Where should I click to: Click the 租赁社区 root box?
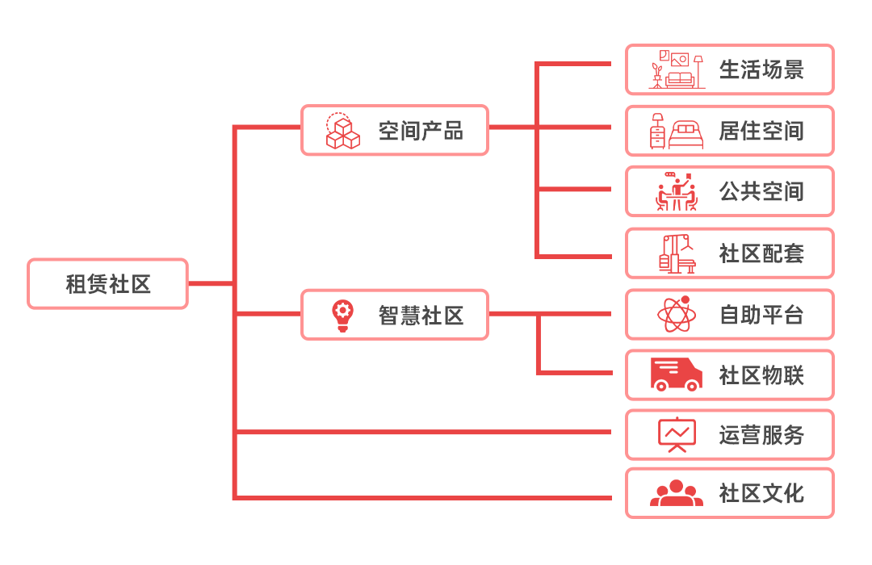point(107,284)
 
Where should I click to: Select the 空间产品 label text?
point(421,131)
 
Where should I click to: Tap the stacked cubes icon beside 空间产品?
point(342,131)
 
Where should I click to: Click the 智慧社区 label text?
point(421,316)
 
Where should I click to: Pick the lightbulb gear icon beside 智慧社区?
point(342,316)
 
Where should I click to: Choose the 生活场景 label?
point(761,70)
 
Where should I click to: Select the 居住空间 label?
point(761,131)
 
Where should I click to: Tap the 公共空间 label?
point(761,192)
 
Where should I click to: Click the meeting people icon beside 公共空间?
point(677,192)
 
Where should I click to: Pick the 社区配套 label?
point(761,253)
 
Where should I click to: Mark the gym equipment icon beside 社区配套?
point(677,253)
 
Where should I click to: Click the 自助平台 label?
point(761,315)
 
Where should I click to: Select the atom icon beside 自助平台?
point(677,315)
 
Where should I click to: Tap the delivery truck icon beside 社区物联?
point(677,375)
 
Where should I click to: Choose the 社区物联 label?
point(761,375)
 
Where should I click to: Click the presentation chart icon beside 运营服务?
point(677,435)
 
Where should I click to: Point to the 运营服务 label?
point(761,436)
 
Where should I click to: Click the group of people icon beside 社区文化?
point(677,493)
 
